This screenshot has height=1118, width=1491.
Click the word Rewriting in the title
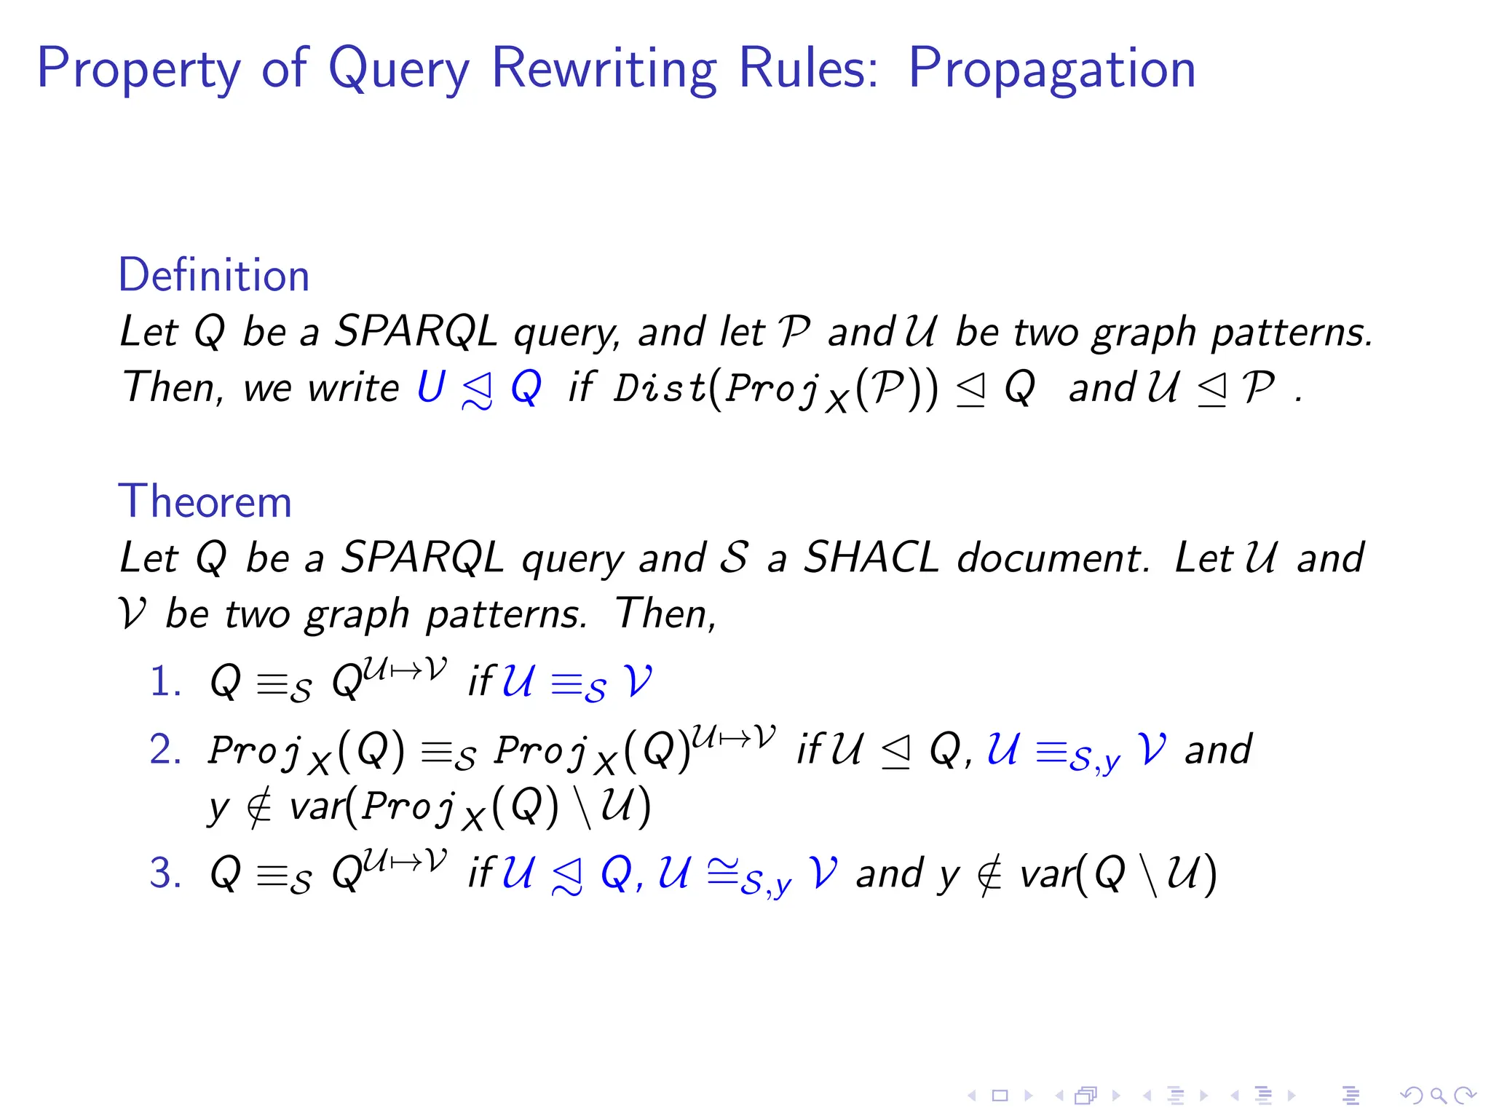point(604,68)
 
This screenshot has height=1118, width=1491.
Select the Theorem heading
point(205,501)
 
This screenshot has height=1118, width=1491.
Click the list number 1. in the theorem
point(165,683)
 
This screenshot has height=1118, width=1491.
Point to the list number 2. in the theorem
point(165,750)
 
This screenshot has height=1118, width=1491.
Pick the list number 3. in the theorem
point(165,873)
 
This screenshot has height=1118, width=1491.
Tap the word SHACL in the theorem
point(871,558)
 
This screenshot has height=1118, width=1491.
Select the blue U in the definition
point(431,386)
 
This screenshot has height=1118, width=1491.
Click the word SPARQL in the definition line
point(416,331)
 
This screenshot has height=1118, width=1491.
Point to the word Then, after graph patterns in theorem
point(665,614)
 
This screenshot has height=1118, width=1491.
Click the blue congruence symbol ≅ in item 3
point(722,871)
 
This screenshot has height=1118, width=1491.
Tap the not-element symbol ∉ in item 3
point(989,874)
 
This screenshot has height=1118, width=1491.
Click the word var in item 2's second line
point(317,806)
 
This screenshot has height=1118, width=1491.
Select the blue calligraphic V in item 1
point(638,682)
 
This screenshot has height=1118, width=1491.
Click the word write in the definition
point(353,386)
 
